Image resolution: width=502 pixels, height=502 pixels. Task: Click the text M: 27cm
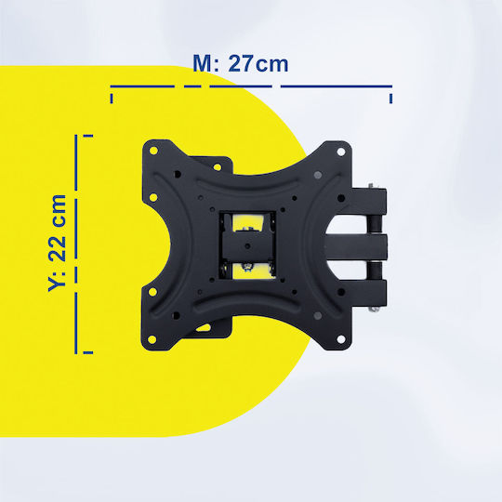pyautogui.click(x=241, y=64)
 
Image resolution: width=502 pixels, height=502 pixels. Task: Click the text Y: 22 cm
pyautogui.click(x=57, y=243)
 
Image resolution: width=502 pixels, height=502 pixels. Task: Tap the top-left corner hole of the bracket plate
pyautogui.click(x=153, y=151)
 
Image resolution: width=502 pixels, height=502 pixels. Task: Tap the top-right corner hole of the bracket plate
pyautogui.click(x=341, y=152)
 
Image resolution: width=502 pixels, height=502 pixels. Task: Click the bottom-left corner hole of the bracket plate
pyautogui.click(x=152, y=339)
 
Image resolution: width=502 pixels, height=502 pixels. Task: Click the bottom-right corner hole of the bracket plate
pyautogui.click(x=341, y=339)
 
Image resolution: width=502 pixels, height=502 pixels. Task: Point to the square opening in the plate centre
pyautogui.click(x=247, y=244)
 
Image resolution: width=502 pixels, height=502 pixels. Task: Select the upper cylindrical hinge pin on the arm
pyautogui.click(x=375, y=224)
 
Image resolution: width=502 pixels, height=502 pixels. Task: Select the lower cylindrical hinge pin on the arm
pyautogui.click(x=375, y=271)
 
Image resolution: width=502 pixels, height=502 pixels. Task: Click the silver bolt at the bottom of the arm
pyautogui.click(x=373, y=309)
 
